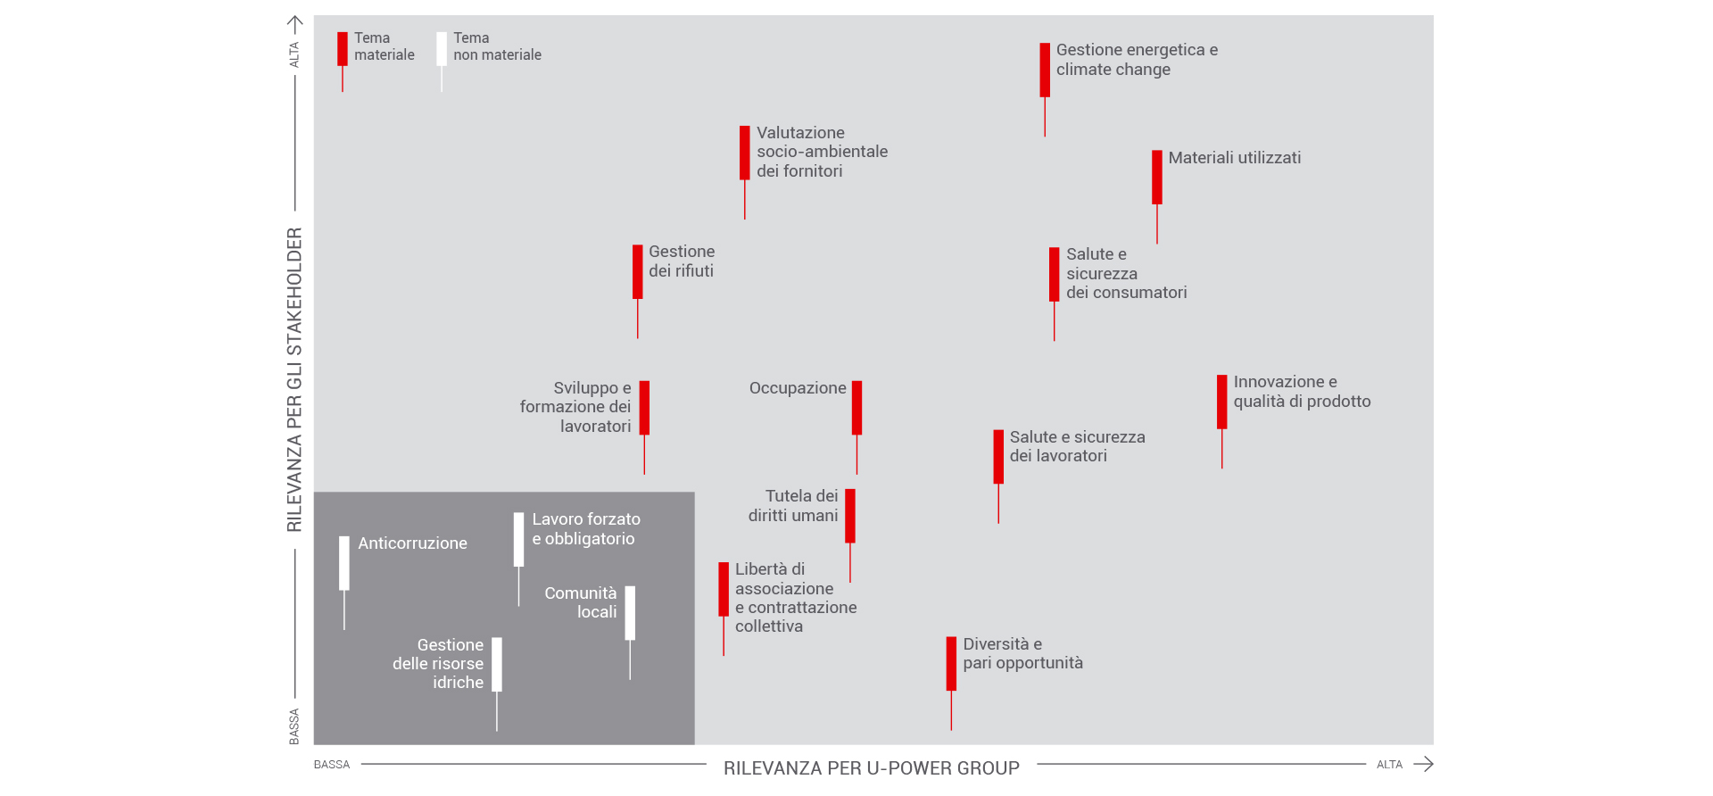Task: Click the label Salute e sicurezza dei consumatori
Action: click(x=1126, y=273)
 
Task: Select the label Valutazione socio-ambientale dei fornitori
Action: click(x=822, y=152)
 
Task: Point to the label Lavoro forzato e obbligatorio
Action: click(x=586, y=529)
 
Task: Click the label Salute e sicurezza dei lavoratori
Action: click(x=1077, y=446)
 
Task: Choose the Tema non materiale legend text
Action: click(x=497, y=46)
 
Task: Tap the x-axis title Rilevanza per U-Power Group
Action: click(x=872, y=768)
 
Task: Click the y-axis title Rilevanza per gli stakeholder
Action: click(x=294, y=380)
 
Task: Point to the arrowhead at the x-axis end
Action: click(x=1429, y=764)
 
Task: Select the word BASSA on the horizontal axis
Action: click(x=332, y=765)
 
